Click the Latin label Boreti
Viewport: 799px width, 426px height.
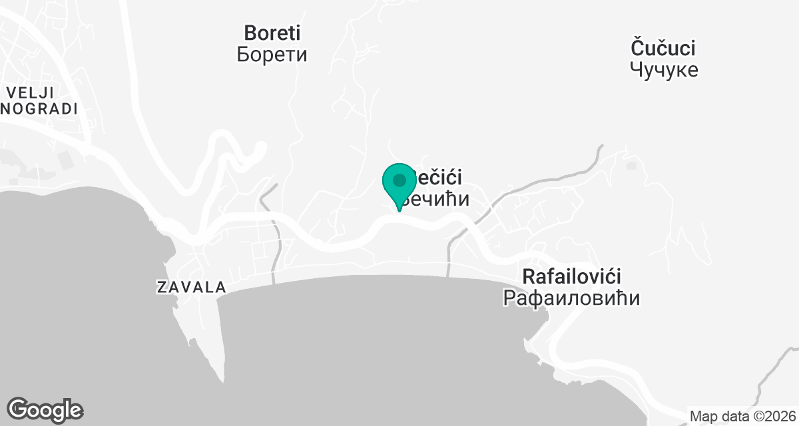(x=272, y=32)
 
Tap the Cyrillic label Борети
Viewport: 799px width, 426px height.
(x=272, y=54)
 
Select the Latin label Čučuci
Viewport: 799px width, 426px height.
(x=663, y=48)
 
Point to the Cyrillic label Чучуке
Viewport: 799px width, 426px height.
(x=664, y=69)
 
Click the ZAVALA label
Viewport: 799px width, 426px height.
(x=191, y=288)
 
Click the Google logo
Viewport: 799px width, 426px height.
(x=45, y=410)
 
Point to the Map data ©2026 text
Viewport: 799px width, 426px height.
(x=742, y=416)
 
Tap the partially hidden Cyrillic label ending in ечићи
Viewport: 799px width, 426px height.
(x=439, y=199)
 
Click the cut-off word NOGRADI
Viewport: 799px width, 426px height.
(x=40, y=109)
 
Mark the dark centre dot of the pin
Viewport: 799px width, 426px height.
(x=400, y=180)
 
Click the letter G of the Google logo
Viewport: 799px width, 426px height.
(x=19, y=409)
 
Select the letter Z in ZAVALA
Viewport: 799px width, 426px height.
(x=161, y=288)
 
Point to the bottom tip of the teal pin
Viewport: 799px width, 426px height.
(x=400, y=211)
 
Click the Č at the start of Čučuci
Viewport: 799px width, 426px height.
(x=637, y=48)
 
